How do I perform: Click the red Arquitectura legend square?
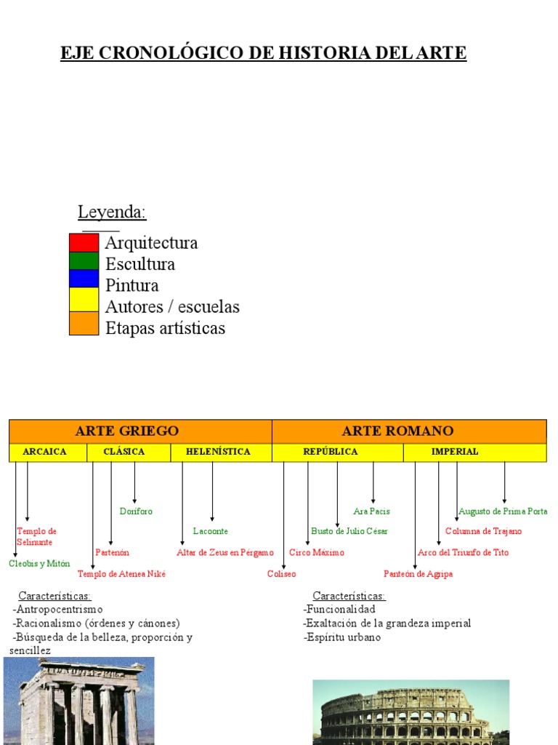(84, 242)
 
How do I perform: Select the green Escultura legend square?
(84, 260)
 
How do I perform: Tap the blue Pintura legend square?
(84, 279)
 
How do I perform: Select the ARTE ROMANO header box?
(409, 431)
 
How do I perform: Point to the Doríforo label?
(136, 511)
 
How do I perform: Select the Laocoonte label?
(211, 532)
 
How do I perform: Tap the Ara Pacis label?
(371, 511)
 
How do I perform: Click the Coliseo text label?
(282, 574)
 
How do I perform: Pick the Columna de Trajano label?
(483, 532)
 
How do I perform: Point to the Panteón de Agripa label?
(418, 574)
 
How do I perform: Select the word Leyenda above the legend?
(112, 212)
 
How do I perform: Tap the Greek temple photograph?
(79, 701)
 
